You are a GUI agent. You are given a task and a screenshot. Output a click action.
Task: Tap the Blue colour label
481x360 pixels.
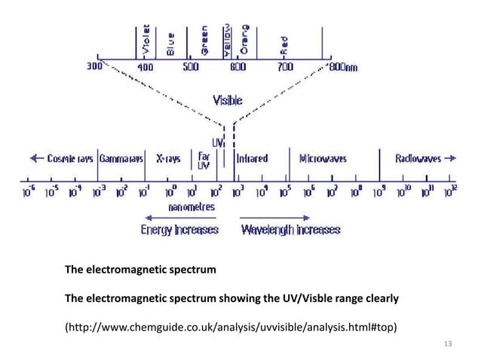(171, 43)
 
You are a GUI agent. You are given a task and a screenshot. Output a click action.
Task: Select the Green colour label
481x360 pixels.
(204, 41)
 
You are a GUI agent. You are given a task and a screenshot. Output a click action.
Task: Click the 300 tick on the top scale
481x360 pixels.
(93, 66)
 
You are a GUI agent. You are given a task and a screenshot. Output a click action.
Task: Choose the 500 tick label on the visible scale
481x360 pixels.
(190, 66)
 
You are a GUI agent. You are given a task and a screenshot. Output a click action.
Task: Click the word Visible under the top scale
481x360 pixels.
(228, 99)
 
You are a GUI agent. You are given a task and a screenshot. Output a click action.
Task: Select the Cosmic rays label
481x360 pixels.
(66, 159)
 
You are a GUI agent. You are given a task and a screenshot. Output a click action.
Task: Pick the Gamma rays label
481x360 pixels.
(121, 159)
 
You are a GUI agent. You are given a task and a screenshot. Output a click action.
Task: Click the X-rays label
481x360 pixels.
(169, 159)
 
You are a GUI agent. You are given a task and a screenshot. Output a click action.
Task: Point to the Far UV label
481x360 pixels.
(204, 161)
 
